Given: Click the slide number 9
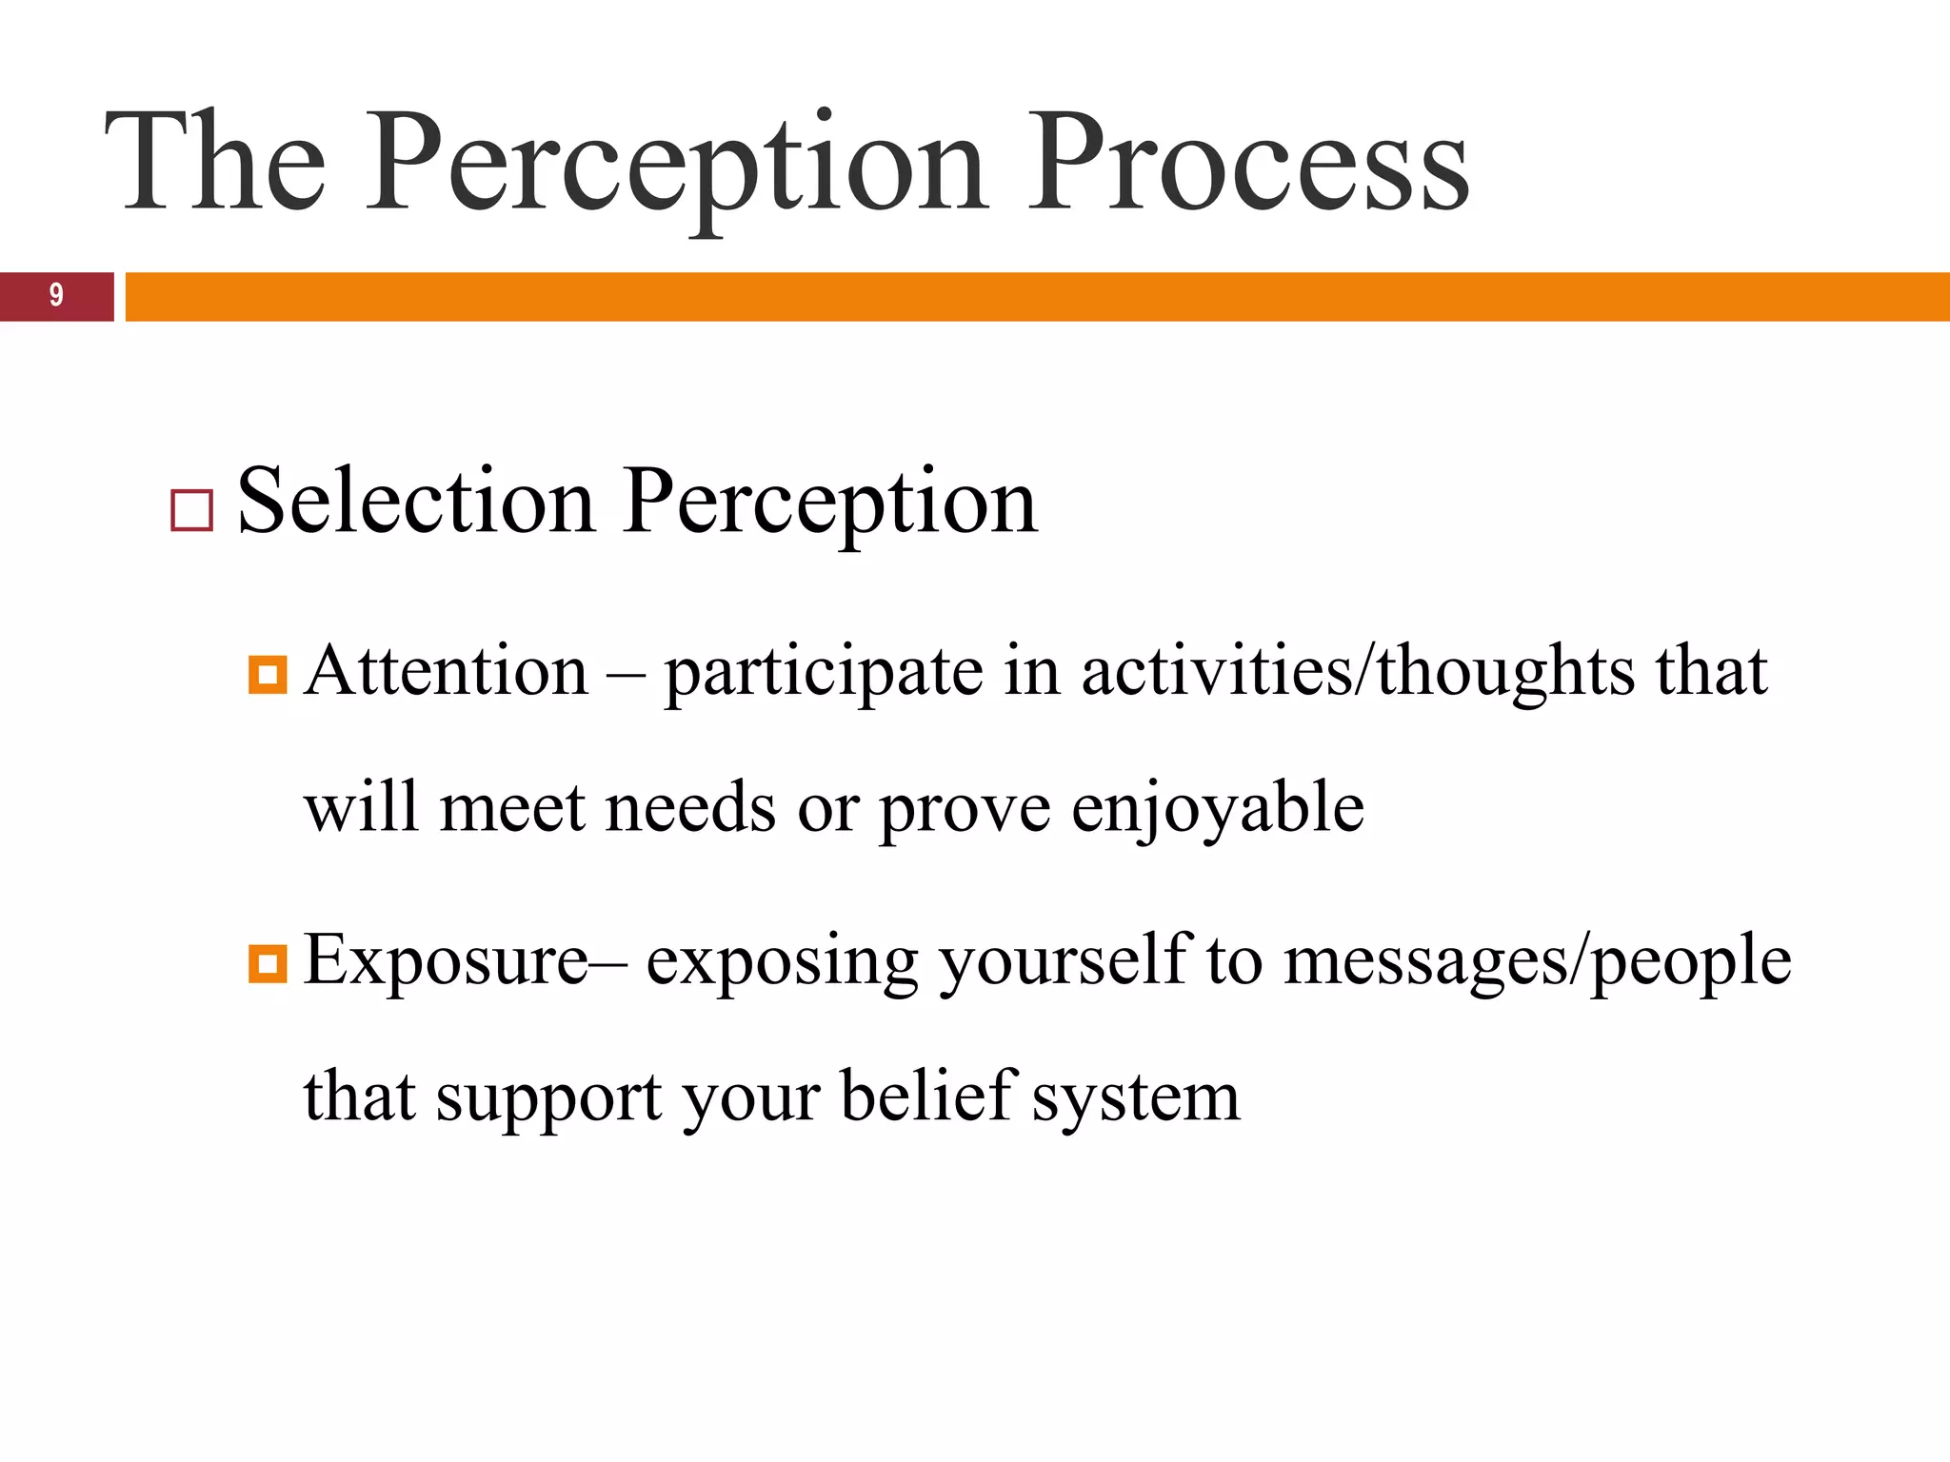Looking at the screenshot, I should [56, 295].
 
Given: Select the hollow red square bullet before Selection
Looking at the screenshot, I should [191, 510].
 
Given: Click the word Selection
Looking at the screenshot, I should [416, 502].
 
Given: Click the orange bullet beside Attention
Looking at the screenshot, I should [268, 676].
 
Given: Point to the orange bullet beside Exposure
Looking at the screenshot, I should [268, 964].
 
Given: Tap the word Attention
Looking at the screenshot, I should [447, 672].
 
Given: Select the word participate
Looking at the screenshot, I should [823, 674].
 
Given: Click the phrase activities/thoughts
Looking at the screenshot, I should [1358, 672].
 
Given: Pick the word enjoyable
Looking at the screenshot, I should [1218, 809].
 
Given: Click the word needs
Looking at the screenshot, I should [690, 809].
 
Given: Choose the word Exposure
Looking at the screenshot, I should [446, 961].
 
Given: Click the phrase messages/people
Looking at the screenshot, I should [1537, 963].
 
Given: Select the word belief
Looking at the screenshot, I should [927, 1096].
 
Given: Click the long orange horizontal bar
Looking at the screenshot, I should [1037, 297].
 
